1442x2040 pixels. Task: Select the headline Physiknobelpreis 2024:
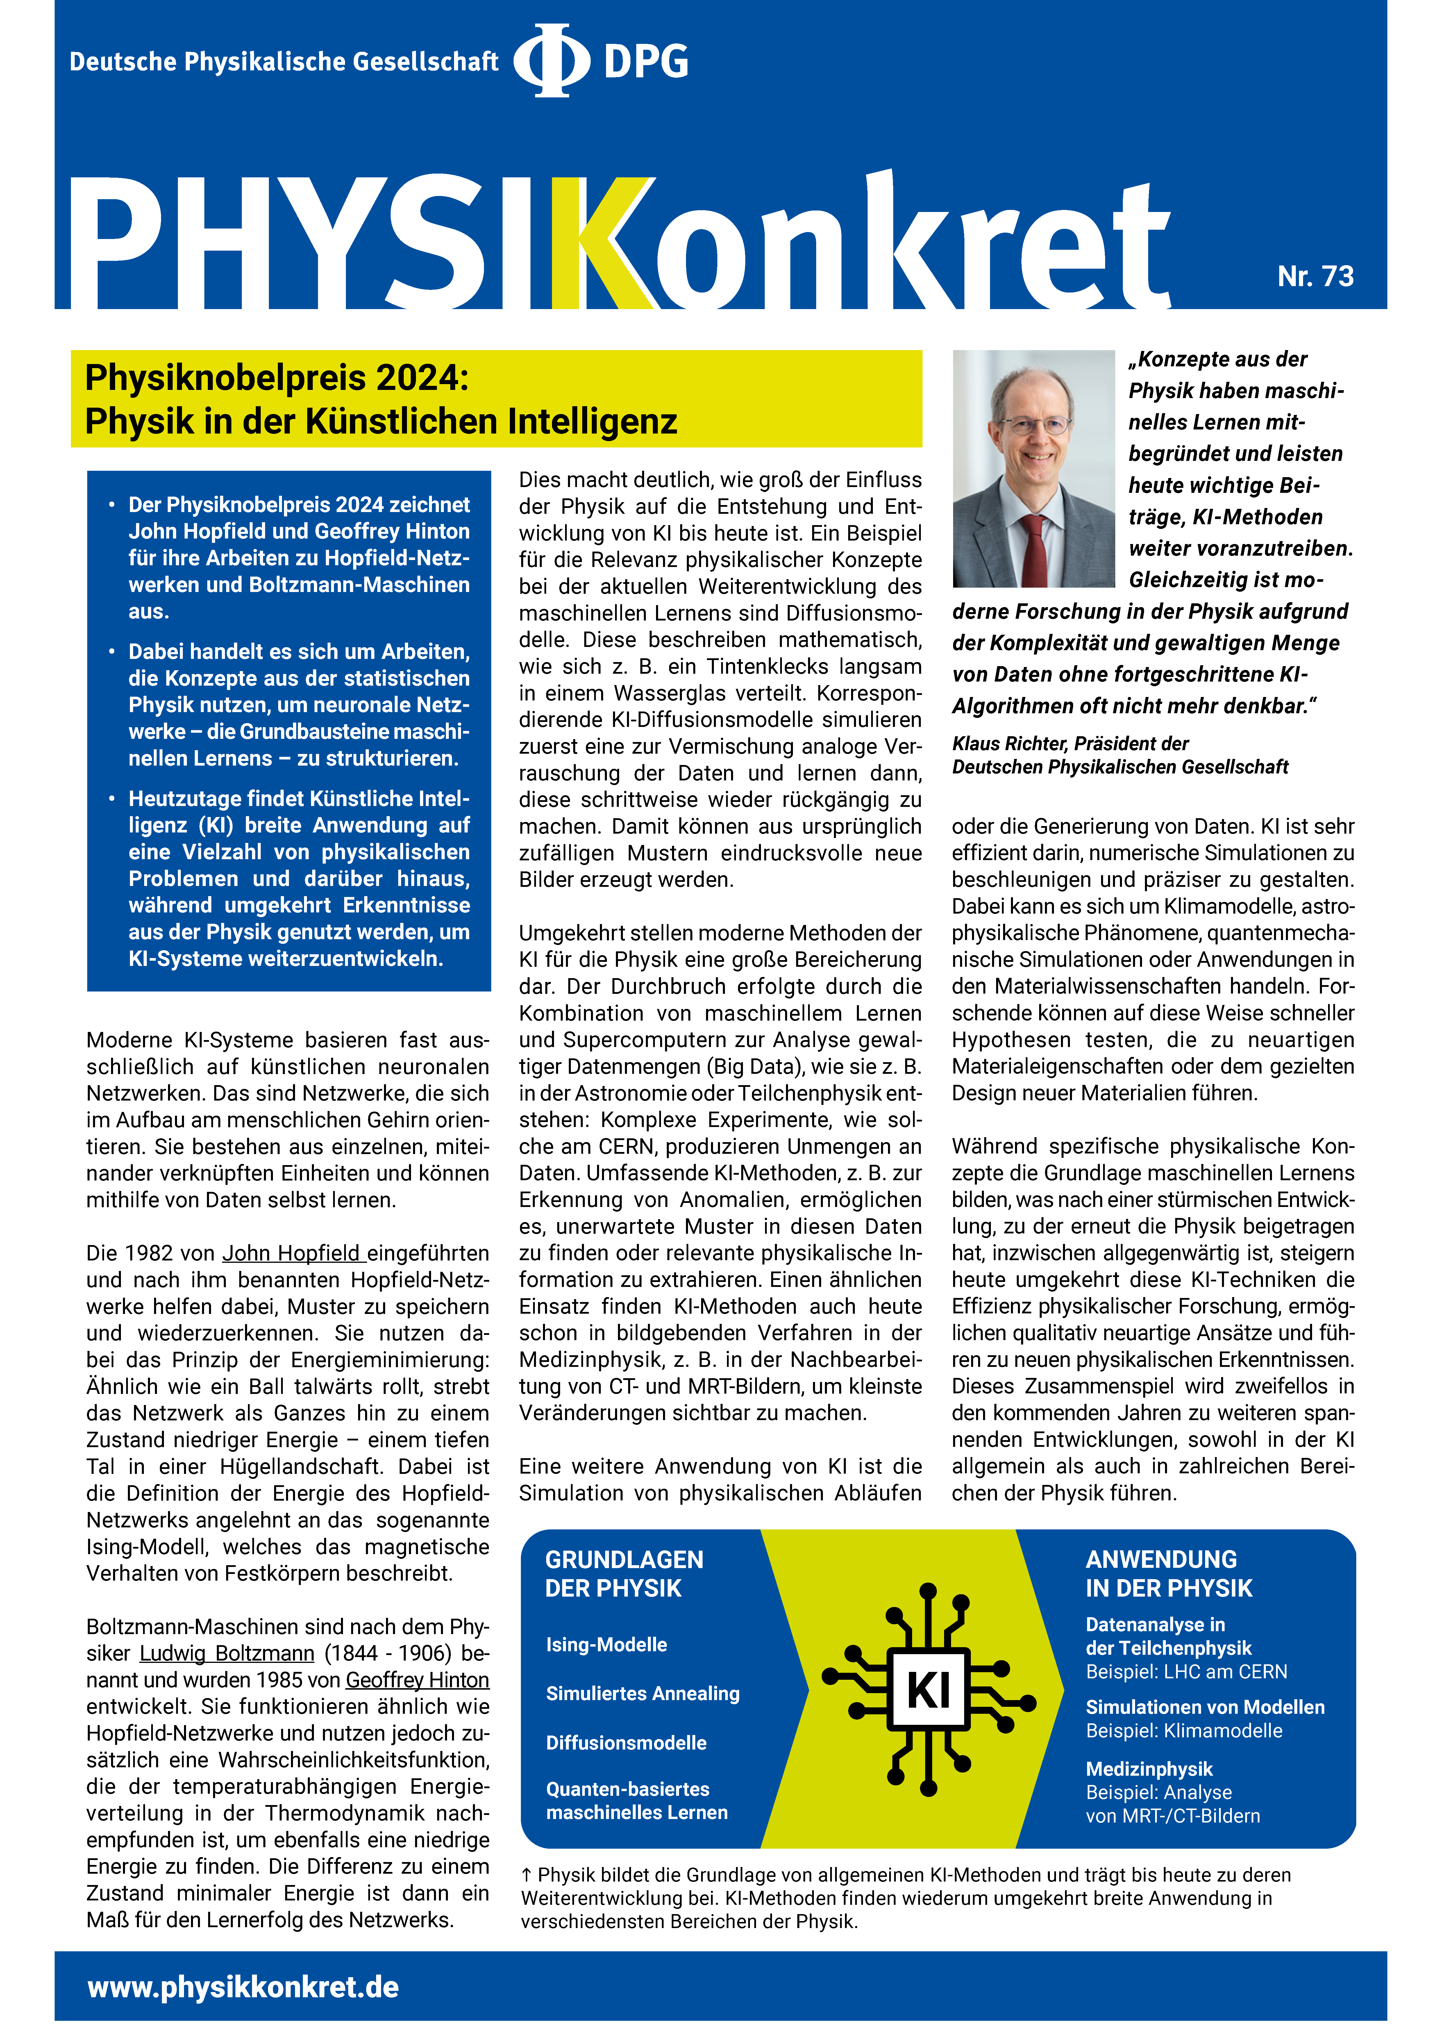tap(276, 378)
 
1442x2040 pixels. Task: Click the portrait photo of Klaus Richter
tap(1032, 468)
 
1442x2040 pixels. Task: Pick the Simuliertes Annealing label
tap(642, 1693)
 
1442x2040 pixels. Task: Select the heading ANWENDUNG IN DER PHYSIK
tap(1168, 1574)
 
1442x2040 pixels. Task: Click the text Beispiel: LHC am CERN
tap(1186, 1671)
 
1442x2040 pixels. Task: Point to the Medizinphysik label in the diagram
tap(1149, 1769)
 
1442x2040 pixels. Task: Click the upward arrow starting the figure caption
tap(527, 1875)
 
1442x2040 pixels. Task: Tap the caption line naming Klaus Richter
tap(1070, 744)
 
